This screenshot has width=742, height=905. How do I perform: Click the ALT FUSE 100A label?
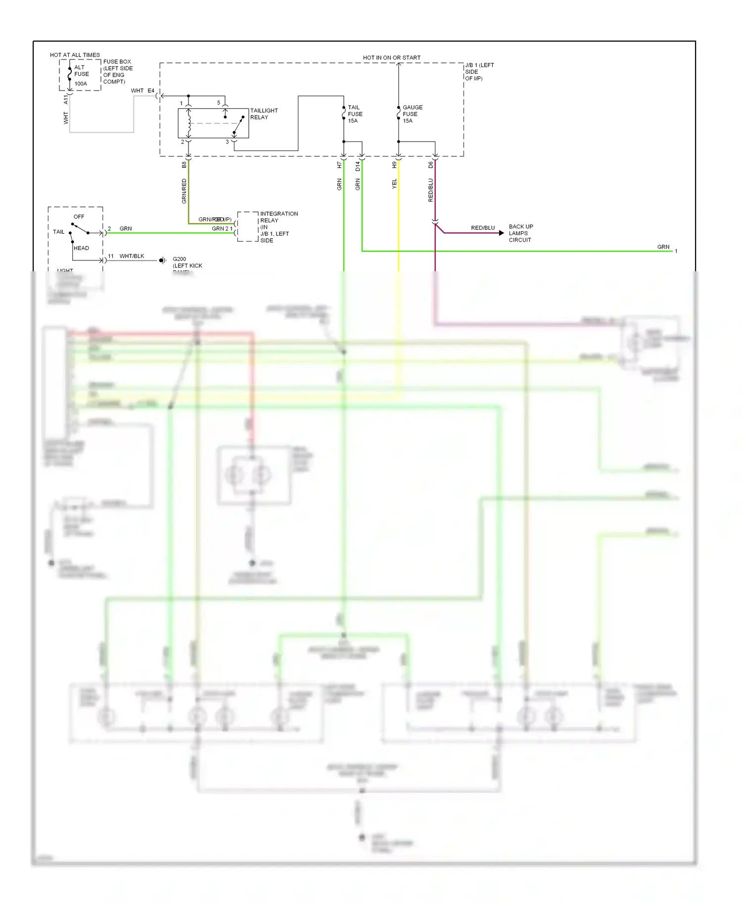81,75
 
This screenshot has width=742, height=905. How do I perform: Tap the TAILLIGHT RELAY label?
263,114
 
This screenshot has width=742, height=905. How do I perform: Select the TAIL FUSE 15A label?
355,114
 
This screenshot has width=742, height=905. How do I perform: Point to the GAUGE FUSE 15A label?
412,114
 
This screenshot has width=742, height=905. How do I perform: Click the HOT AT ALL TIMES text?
75,55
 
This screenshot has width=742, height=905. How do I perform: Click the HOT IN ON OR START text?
391,58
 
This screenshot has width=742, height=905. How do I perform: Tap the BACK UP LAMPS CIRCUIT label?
520,233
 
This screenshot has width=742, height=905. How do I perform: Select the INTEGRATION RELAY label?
278,227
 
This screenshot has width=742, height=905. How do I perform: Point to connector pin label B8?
184,164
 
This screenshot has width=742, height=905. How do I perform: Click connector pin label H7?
339,165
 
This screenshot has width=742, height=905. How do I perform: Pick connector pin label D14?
358,166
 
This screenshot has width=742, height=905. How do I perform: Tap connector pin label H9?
394,165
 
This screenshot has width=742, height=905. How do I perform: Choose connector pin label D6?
430,165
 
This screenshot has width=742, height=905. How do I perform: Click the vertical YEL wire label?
394,184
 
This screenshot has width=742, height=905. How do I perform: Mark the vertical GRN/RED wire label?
184,191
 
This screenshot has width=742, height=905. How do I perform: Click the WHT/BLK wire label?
132,256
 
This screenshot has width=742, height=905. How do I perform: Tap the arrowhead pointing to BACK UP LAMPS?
501,233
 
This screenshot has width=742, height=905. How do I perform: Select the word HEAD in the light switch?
81,248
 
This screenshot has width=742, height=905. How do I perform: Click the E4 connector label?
151,91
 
